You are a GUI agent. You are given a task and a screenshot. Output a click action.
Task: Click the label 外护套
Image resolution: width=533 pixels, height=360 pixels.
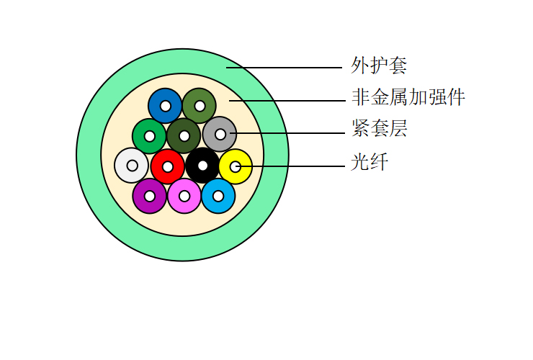pos(379,66)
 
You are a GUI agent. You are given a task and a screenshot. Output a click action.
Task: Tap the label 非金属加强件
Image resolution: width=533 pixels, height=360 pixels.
pos(408,98)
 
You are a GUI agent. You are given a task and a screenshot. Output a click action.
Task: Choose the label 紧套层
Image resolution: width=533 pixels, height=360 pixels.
pos(379,128)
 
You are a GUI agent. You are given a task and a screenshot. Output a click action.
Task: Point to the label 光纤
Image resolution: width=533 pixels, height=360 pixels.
pos(369,161)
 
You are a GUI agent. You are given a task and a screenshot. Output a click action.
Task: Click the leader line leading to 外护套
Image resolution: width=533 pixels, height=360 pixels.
pos(285,68)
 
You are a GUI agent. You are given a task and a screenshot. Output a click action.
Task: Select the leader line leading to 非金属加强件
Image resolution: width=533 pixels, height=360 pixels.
pos(287,101)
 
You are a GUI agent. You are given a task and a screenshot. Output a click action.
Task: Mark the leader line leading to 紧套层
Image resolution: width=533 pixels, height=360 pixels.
pos(287,133)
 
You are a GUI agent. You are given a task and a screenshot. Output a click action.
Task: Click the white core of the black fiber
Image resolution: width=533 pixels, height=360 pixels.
pos(202,166)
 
